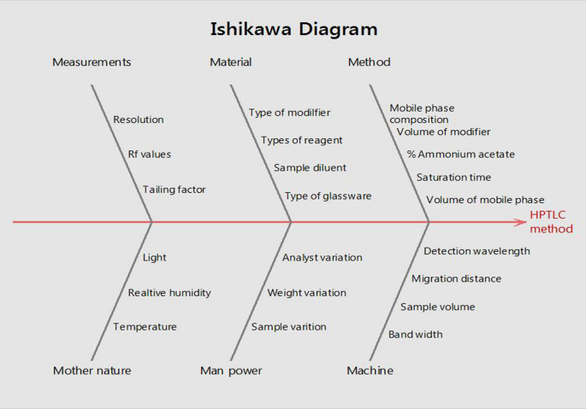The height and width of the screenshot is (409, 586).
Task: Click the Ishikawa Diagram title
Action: [293, 29]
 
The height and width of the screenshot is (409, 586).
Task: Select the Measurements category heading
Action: [92, 62]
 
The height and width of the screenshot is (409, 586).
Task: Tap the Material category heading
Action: [230, 62]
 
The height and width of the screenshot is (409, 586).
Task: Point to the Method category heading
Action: [369, 62]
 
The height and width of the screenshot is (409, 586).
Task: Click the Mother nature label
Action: [92, 371]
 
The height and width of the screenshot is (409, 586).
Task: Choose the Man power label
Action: [231, 371]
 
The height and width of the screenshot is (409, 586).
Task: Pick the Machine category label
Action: [370, 371]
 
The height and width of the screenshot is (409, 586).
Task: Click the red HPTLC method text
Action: [551, 222]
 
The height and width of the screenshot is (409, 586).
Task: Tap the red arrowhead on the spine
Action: [521, 222]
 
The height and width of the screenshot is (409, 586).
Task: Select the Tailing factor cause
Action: [174, 190]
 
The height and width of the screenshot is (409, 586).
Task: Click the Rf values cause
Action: [149, 155]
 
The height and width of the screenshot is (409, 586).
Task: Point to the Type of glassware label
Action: [328, 196]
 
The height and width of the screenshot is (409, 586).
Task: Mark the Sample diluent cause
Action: [309, 168]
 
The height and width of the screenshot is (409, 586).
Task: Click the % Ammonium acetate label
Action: [460, 155]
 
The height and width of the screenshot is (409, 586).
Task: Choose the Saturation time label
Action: [453, 178]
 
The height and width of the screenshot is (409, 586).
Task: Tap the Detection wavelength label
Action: [476, 251]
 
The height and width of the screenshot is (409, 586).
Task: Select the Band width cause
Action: [415, 335]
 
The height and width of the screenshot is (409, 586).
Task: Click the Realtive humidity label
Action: [169, 293]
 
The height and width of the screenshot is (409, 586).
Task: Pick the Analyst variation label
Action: [322, 258]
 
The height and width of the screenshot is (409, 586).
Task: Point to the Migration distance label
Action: [456, 278]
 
